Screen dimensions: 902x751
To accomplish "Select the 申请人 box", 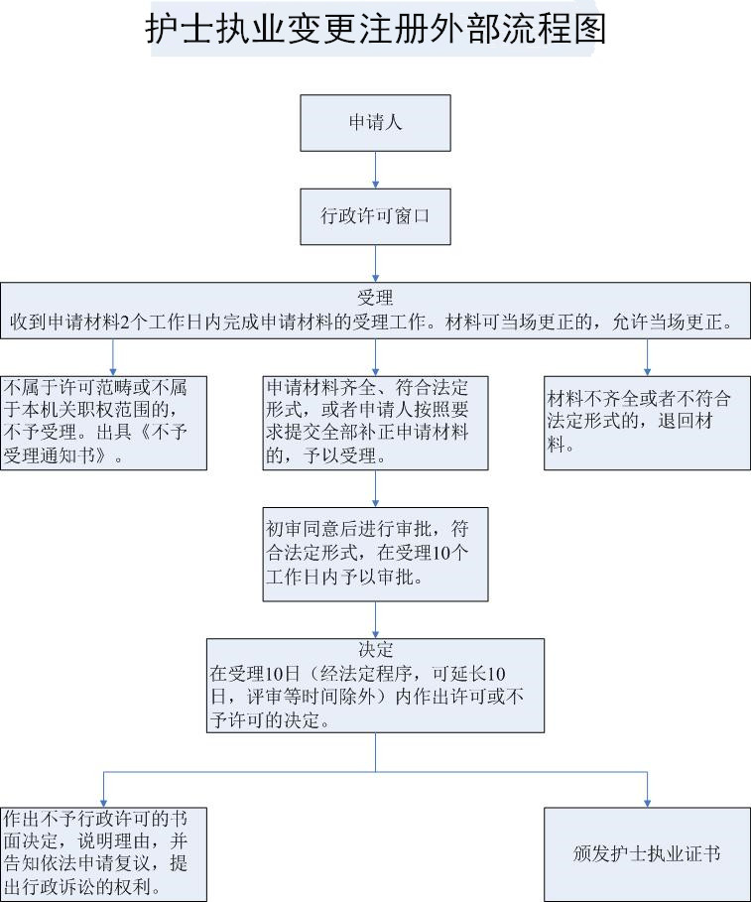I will (x=375, y=123).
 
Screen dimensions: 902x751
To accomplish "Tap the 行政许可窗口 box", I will (x=375, y=215).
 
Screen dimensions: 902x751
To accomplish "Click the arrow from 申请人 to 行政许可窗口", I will (x=375, y=169).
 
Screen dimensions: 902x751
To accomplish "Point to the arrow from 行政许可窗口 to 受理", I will (x=375, y=263).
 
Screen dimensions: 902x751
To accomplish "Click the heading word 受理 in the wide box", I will (x=375, y=298).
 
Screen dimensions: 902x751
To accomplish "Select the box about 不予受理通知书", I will (x=103, y=422).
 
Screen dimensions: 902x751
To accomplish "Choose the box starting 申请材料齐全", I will (x=375, y=422).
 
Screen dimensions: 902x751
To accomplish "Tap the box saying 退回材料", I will (x=647, y=422).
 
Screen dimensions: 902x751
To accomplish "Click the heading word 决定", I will (x=375, y=650).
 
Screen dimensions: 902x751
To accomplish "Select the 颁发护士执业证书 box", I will (x=647, y=853).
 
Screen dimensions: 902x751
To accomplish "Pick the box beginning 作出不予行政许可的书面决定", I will (x=103, y=853).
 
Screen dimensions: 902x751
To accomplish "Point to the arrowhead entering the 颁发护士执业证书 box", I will (x=647, y=802).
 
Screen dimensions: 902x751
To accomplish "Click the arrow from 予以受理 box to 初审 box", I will (x=375, y=488).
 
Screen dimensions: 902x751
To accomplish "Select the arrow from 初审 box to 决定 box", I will (x=375, y=619).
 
